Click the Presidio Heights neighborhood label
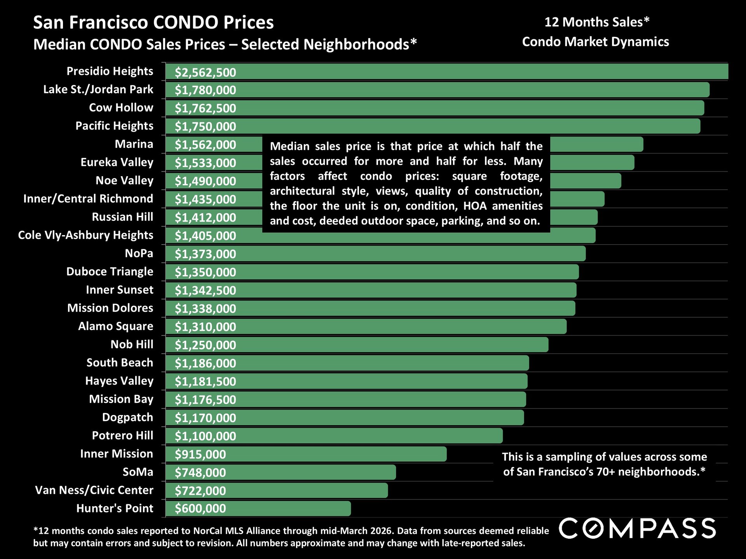click(x=110, y=71)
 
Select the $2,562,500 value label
click(x=205, y=73)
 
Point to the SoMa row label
click(x=138, y=472)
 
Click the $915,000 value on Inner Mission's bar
click(x=200, y=454)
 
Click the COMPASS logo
click(x=637, y=528)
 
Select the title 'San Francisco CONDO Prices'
click(x=153, y=23)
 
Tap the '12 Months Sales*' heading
click(x=596, y=22)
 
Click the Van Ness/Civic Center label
click(x=94, y=490)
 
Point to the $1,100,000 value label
click(x=205, y=436)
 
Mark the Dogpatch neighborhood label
click(x=127, y=417)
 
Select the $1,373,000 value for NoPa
click(x=205, y=254)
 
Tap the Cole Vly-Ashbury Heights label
click(x=85, y=235)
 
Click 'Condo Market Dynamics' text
click(x=595, y=42)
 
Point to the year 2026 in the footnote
click(x=381, y=531)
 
